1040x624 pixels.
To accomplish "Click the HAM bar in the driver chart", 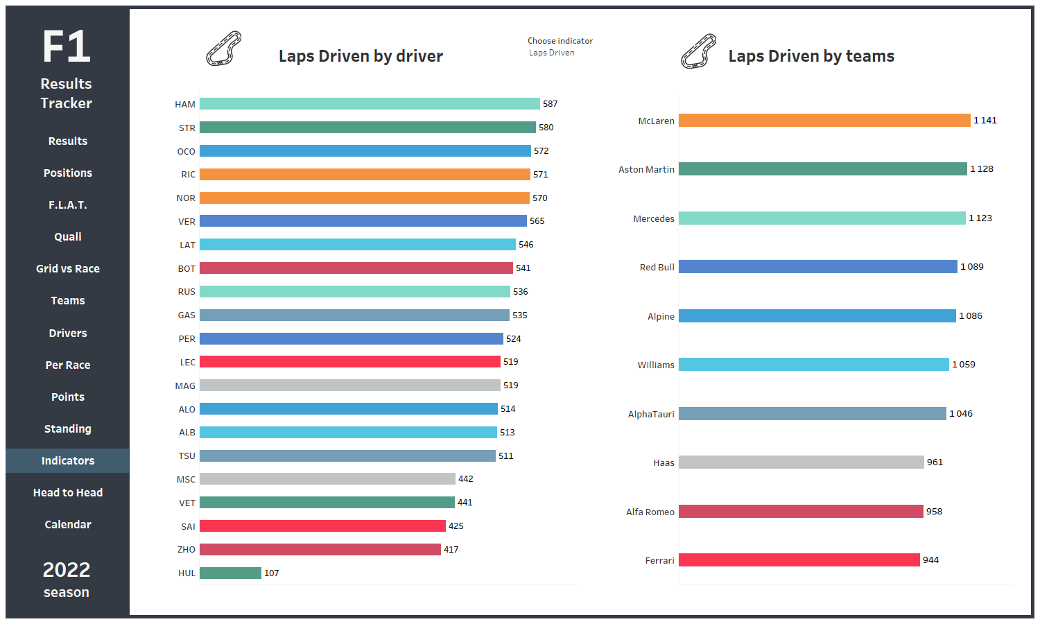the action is tap(370, 103).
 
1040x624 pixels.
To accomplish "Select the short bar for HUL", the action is tap(230, 573).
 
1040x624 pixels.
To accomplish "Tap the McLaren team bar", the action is tap(824, 120).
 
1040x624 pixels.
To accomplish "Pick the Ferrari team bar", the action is tap(799, 560).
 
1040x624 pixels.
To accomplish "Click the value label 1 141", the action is tap(985, 120).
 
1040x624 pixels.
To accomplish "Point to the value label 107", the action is tap(272, 573).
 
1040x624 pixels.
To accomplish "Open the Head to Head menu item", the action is tap(68, 492).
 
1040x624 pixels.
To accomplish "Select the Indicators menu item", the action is tap(68, 460).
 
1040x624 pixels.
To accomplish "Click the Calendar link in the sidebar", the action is tap(68, 524).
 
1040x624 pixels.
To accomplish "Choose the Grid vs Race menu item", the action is tap(68, 268).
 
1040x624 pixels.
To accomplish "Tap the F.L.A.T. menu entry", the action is tap(68, 205).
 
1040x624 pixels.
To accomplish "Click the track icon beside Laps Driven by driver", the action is tap(224, 49).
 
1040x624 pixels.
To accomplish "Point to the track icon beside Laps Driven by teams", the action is tap(698, 51).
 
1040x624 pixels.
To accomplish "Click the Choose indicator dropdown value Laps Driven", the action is tap(552, 53).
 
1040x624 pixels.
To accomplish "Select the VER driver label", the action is tap(187, 221).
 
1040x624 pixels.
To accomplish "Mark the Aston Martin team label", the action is tap(646, 169).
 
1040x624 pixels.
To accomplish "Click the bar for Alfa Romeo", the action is tap(801, 511).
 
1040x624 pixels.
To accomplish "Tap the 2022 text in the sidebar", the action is tap(67, 570).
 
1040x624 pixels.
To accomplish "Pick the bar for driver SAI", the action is tap(322, 526).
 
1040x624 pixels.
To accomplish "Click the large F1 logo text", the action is tap(67, 46).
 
